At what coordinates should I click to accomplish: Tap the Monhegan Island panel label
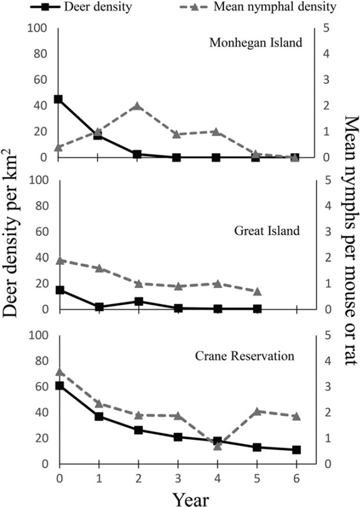[256, 42]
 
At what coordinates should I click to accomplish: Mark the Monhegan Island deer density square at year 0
[58, 99]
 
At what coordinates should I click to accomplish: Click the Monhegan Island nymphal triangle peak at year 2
[137, 106]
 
